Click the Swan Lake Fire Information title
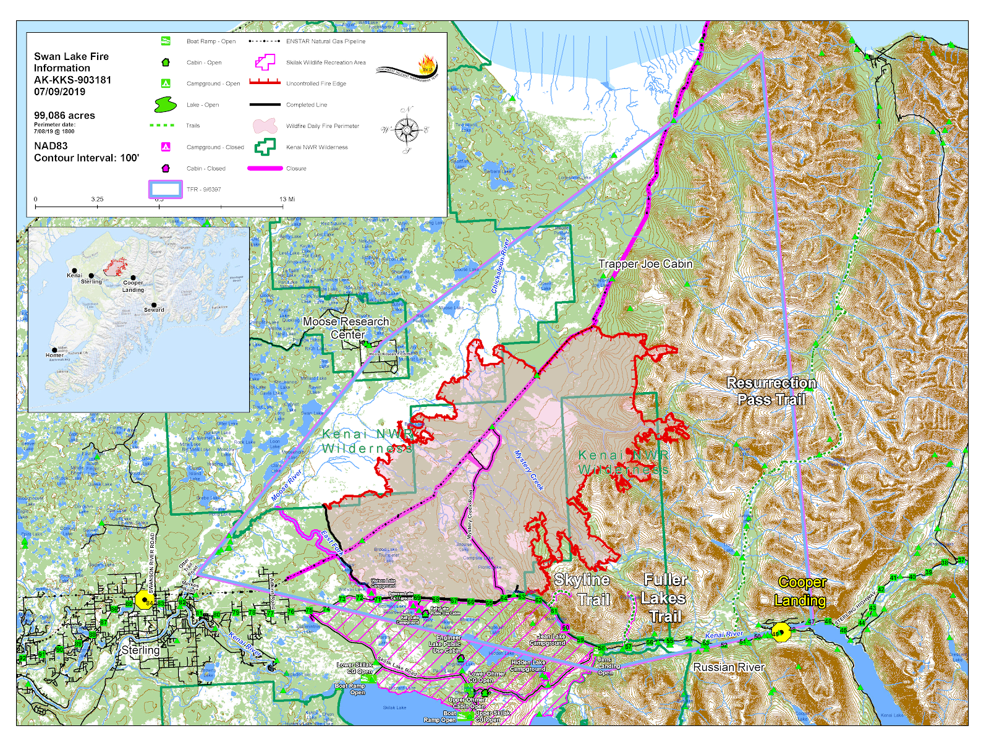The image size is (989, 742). click(71, 62)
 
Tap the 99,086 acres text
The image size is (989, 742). click(64, 116)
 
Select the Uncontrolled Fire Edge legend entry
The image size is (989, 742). click(315, 83)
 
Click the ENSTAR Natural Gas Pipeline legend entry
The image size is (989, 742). click(325, 41)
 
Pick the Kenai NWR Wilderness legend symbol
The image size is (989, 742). click(265, 147)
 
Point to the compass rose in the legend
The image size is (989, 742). click(406, 130)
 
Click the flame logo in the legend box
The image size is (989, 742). click(427, 65)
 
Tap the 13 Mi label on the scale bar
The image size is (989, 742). click(287, 199)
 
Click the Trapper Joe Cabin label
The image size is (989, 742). click(645, 264)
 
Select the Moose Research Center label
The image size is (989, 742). click(346, 328)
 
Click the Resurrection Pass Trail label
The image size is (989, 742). click(771, 391)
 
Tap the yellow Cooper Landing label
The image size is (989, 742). click(801, 591)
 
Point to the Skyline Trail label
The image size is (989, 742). click(584, 589)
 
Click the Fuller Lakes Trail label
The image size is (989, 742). click(664, 598)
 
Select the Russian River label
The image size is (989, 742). click(729, 667)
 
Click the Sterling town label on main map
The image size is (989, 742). click(140, 650)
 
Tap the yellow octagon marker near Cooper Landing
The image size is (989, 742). click(781, 633)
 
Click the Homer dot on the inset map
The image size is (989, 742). click(54, 350)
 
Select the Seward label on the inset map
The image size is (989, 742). click(154, 310)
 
